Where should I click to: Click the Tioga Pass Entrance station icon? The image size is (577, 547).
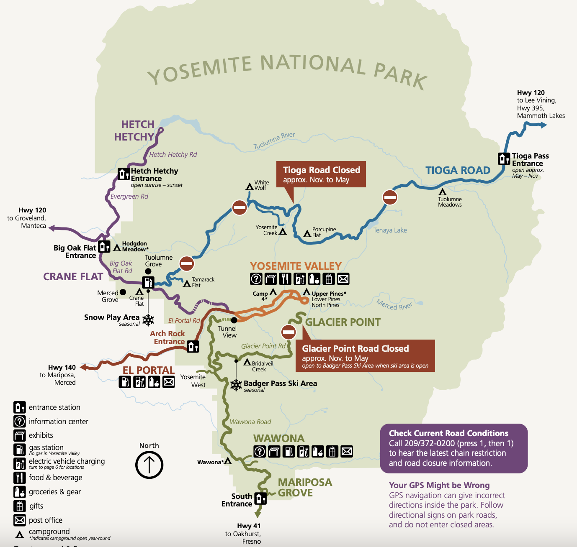[x=504, y=159]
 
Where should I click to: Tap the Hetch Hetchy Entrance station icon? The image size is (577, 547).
[x=124, y=174]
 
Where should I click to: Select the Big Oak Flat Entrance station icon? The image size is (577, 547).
[x=104, y=247]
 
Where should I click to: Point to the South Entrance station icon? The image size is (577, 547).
[x=260, y=498]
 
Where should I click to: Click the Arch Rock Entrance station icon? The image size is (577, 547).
[x=193, y=346]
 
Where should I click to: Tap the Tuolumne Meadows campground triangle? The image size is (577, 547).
[x=442, y=192]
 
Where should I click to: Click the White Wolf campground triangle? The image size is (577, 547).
[x=250, y=187]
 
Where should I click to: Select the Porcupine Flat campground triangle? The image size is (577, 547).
[x=307, y=234]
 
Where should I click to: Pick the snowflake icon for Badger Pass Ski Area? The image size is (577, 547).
[x=236, y=385]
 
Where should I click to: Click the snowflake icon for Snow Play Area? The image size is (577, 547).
[x=148, y=320]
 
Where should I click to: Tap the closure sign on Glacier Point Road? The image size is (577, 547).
[x=288, y=332]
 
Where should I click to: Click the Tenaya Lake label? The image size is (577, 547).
[x=390, y=230]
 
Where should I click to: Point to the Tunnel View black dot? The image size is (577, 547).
[x=234, y=320]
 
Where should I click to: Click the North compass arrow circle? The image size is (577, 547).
[x=149, y=465]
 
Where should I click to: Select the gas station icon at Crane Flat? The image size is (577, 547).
[x=148, y=282]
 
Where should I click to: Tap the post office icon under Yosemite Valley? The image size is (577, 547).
[x=343, y=279]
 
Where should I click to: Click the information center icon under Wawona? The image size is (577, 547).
[x=260, y=452]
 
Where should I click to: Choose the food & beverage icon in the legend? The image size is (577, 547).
[x=20, y=478]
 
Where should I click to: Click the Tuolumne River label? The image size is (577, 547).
[x=274, y=141]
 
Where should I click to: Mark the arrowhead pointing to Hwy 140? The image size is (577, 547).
[x=83, y=367]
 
